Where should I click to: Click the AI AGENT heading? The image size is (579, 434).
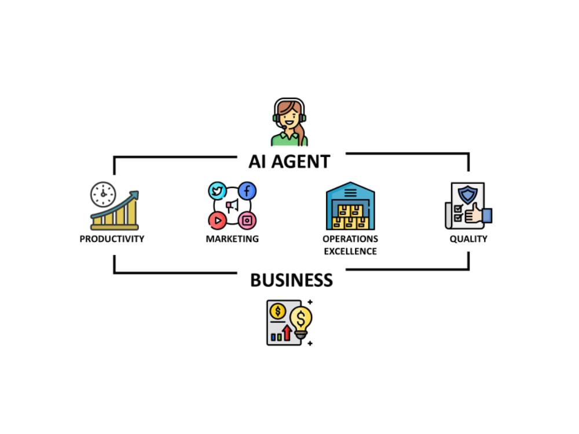pyautogui.click(x=289, y=161)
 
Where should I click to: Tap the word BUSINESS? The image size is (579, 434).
pyautogui.click(x=291, y=280)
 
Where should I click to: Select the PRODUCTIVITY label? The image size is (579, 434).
pyautogui.click(x=112, y=239)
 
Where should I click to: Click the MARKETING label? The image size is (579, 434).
pyautogui.click(x=232, y=239)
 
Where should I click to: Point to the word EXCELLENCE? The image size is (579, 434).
pyautogui.click(x=350, y=251)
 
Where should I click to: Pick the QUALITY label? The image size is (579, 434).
pyautogui.click(x=468, y=239)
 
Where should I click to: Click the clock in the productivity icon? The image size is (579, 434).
pyautogui.click(x=103, y=194)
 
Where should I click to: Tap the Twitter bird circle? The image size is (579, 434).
pyautogui.click(x=217, y=191)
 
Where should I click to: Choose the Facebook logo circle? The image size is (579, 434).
pyautogui.click(x=247, y=191)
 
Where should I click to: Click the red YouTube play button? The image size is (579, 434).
pyautogui.click(x=217, y=220)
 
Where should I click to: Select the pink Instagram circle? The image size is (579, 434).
pyautogui.click(x=247, y=220)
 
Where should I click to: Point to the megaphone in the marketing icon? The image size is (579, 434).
pyautogui.click(x=232, y=205)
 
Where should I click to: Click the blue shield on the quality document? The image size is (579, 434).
pyautogui.click(x=467, y=194)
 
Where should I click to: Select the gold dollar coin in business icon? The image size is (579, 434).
pyautogui.click(x=278, y=311)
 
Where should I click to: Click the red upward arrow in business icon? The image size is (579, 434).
pyautogui.click(x=287, y=333)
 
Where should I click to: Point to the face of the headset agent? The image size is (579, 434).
pyautogui.click(x=289, y=117)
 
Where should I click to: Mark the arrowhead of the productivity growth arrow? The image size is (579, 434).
pyautogui.click(x=134, y=194)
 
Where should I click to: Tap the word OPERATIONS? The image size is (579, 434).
pyautogui.click(x=350, y=239)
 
